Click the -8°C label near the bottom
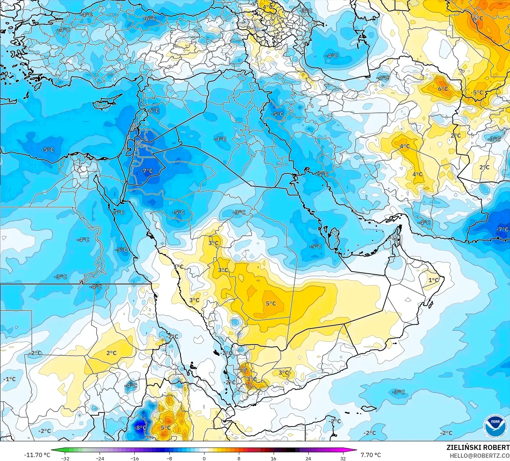point(140,427)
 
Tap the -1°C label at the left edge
point(10,379)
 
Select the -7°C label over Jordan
point(146,171)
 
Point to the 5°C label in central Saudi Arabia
point(271,303)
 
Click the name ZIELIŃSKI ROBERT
point(478,447)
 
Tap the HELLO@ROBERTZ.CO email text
point(480,455)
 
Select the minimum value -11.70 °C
point(37,455)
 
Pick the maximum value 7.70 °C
point(371,455)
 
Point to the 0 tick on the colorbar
point(204,458)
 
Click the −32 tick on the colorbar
point(65,458)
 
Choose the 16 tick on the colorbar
point(274,458)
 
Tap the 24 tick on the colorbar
point(308,458)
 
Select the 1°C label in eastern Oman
point(433,280)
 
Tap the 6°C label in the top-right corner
point(478,18)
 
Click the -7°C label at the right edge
point(502,229)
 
